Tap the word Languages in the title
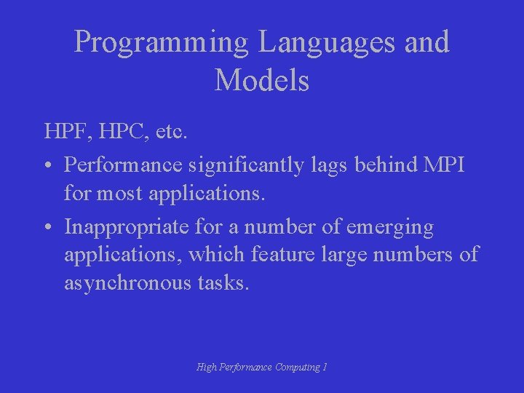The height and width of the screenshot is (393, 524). (326, 42)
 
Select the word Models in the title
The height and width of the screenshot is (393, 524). (262, 80)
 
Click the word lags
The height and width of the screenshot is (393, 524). (323, 164)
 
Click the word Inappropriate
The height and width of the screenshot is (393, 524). (127, 227)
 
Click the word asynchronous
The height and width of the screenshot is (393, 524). (128, 282)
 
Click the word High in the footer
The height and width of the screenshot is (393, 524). (207, 368)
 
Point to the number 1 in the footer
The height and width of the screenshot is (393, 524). (325, 368)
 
